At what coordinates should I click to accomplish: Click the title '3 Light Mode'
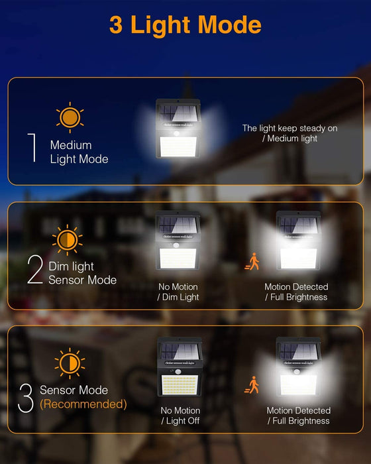(x=185, y=25)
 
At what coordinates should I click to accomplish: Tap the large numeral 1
(x=31, y=147)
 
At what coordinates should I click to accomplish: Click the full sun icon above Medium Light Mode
(x=69, y=117)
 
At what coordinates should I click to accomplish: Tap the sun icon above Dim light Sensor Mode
(x=68, y=239)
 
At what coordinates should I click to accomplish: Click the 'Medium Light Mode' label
(x=79, y=152)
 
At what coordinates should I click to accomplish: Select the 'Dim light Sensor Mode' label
(x=82, y=273)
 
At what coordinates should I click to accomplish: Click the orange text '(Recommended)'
(x=83, y=404)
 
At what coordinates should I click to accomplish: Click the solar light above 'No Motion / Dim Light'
(x=178, y=241)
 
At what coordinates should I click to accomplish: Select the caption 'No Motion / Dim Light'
(x=178, y=292)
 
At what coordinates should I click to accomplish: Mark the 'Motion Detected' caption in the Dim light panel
(x=296, y=287)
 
